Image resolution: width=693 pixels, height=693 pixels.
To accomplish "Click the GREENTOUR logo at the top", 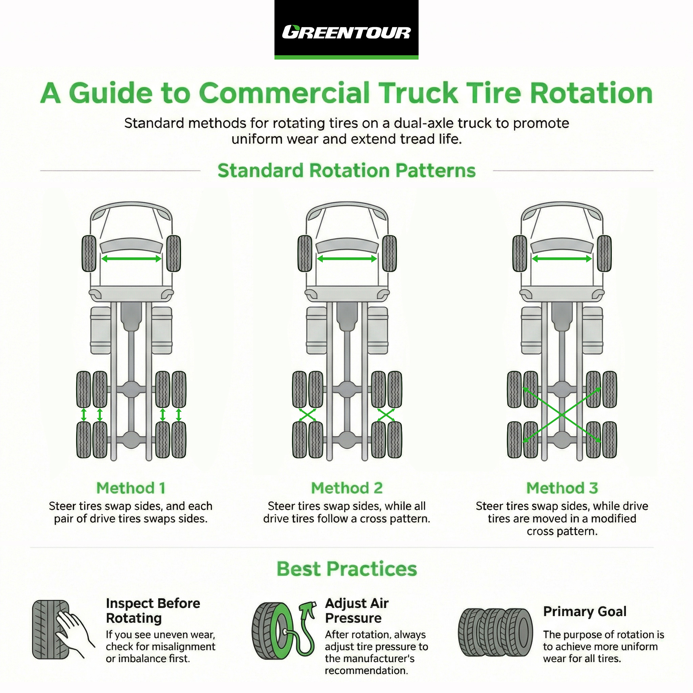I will tap(346, 32).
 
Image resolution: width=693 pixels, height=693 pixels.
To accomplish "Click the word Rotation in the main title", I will tap(591, 93).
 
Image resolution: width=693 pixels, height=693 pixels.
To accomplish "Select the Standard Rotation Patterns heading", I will tap(346, 171).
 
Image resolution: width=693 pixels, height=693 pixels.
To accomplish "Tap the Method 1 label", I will tap(131, 488).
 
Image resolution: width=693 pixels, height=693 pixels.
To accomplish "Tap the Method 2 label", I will tap(346, 488).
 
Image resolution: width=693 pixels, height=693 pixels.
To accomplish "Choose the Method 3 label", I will tap(562, 488).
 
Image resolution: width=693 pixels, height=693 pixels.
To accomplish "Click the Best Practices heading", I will tap(346, 569).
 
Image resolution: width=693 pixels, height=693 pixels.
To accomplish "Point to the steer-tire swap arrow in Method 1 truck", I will tap(131, 259).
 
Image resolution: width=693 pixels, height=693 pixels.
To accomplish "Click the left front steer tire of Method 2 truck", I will tap(305, 253).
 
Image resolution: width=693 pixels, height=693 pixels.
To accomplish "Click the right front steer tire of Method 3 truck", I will tap(604, 253).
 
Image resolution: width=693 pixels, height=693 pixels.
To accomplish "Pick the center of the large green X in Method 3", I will tap(562, 415).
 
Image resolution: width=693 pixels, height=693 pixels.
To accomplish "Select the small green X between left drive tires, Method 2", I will tap(307, 415).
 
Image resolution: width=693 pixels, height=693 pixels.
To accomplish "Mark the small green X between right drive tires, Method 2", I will tap(386, 415).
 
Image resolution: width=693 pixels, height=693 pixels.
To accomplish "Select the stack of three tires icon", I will tap(495, 633).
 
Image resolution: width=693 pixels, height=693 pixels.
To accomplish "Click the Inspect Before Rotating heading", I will tap(153, 610).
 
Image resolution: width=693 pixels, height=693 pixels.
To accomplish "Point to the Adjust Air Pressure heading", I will tap(357, 610).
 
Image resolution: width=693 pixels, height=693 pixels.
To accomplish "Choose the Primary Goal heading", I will tap(585, 611).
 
